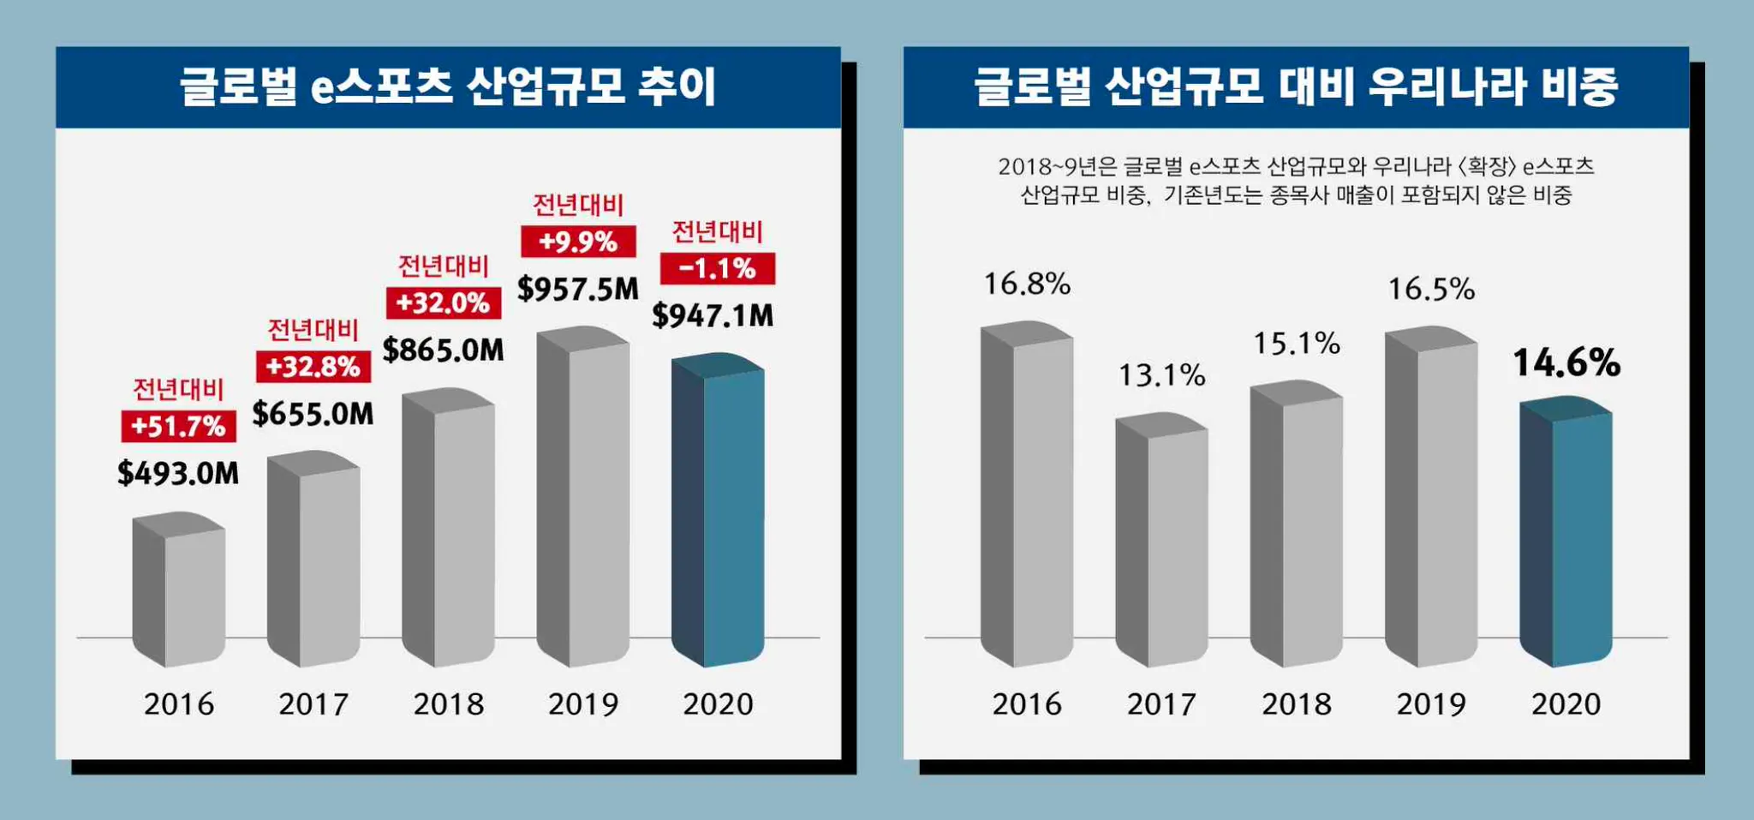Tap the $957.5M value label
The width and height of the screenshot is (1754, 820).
(578, 289)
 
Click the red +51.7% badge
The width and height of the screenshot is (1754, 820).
(178, 426)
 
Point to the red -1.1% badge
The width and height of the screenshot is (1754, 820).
(718, 268)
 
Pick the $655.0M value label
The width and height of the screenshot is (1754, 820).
(313, 414)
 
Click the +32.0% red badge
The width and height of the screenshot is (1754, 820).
(444, 302)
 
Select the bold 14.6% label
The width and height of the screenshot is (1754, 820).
(1566, 362)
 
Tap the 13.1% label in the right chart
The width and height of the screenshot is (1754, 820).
(1161, 375)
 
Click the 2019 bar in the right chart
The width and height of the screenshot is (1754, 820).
(1431, 497)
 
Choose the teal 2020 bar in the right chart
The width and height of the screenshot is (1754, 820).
(1566, 531)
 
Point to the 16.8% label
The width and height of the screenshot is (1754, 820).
(1027, 284)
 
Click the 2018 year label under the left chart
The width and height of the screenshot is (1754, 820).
(449, 704)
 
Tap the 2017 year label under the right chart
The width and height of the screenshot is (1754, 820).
(1161, 704)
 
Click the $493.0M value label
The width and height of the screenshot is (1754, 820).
(178, 473)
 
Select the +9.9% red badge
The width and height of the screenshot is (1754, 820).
(578, 242)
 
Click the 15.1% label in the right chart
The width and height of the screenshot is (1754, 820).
(1297, 344)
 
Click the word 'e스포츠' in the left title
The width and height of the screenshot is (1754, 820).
(381, 87)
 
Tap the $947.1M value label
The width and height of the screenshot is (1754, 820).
(713, 315)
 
